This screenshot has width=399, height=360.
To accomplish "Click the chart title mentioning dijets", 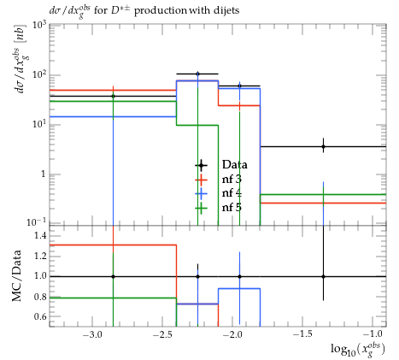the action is (x=144, y=11).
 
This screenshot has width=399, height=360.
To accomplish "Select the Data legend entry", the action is (x=221, y=165).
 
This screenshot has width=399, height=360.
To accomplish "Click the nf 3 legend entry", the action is (x=218, y=180).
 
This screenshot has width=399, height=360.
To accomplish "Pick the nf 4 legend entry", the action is (x=218, y=193).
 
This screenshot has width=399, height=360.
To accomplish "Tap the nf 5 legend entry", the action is (x=218, y=207).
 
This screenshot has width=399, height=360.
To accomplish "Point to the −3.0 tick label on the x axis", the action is (x=92, y=334).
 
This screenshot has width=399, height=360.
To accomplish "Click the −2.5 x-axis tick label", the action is (x=162, y=334).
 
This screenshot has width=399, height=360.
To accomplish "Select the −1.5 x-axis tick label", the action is (x=302, y=334).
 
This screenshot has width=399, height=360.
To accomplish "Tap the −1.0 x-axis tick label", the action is (x=373, y=334).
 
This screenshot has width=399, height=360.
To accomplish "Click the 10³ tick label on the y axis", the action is (x=39, y=26).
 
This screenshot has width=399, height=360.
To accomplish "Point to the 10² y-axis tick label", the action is (x=39, y=75).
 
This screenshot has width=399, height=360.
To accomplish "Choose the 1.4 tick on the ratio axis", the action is (x=40, y=235).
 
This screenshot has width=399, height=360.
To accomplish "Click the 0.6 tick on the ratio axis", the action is (x=40, y=316).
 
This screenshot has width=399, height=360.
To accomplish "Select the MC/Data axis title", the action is (x=16, y=275).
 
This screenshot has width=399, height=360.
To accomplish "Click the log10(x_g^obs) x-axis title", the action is (x=358, y=350).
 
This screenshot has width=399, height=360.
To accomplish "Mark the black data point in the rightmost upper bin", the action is (x=323, y=147).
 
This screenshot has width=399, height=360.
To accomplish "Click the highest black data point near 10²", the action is (x=197, y=74).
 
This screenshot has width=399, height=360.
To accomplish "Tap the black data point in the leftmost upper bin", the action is (x=113, y=96).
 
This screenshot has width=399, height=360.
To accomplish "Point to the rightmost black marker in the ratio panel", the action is (x=323, y=276).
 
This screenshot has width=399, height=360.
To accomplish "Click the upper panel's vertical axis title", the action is (x=20, y=59).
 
